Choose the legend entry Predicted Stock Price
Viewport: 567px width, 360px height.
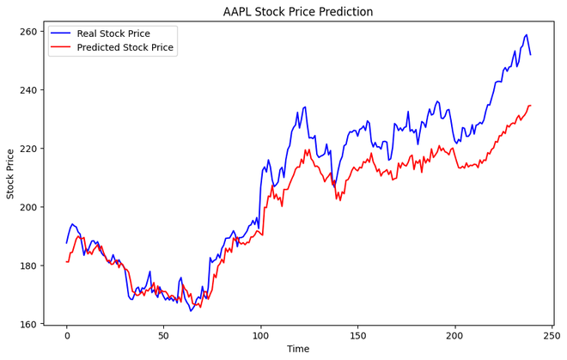(x=125, y=47)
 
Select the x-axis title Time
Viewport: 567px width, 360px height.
(x=298, y=350)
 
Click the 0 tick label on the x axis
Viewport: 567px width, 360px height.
(x=66, y=335)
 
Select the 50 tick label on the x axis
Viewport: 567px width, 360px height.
(x=163, y=335)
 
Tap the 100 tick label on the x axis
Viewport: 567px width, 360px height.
(x=260, y=335)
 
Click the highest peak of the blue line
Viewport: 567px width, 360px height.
(x=527, y=35)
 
